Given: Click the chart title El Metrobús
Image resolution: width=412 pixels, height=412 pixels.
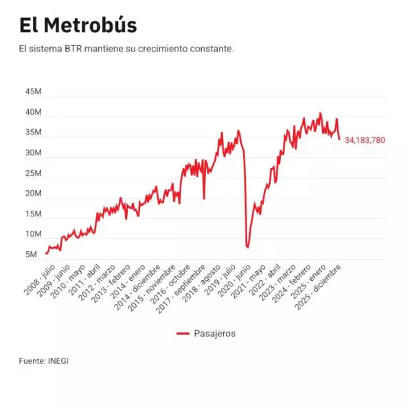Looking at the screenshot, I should point(78,25).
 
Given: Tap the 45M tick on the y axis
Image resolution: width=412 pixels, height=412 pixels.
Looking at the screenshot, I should point(34,92).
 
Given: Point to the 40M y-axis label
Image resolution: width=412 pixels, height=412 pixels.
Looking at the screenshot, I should point(34,112).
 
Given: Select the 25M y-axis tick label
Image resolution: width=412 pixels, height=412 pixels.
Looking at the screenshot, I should point(34,173).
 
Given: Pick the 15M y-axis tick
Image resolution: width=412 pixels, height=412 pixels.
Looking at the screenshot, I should point(34,214).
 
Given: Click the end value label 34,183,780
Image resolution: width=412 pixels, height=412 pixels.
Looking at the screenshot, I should point(365,140).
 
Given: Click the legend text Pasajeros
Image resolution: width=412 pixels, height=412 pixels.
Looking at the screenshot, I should point(215,333).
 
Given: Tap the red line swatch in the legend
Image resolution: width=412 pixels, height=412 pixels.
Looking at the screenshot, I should point(183,333).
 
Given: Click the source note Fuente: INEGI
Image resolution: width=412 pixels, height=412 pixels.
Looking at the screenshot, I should point(44,360).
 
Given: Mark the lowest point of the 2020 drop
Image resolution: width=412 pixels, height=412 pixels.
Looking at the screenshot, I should point(247,247).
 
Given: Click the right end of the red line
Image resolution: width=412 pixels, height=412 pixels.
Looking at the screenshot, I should point(339,139).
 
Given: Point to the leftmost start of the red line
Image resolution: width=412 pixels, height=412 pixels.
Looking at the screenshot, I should point(46,254).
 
